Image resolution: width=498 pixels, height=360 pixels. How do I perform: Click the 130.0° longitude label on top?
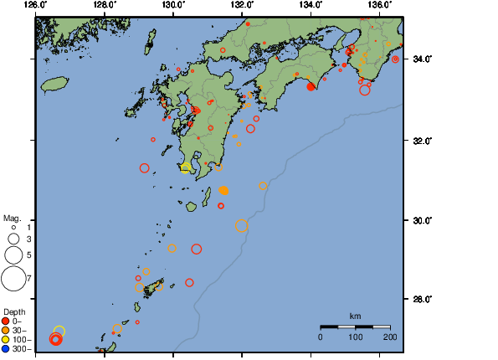tap(172, 5)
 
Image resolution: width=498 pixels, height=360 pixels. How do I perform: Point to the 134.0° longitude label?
tap(310, 5)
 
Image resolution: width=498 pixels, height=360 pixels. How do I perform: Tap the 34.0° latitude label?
tap(424, 59)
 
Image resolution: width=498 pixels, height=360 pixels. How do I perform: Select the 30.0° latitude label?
tap(424, 220)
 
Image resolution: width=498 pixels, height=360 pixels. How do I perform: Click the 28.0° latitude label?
tap(424, 299)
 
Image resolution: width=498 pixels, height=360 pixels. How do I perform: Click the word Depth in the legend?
tap(13, 311)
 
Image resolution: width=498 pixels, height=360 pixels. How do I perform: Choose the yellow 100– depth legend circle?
tap(6, 341)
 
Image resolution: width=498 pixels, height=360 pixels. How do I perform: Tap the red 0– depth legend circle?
tap(6, 321)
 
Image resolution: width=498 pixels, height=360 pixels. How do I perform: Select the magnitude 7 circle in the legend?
tap(13, 277)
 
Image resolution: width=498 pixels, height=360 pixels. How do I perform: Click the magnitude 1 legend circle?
tap(13, 227)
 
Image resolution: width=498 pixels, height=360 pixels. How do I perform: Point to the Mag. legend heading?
tap(12, 218)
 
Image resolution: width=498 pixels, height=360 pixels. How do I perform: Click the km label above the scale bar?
tap(355, 316)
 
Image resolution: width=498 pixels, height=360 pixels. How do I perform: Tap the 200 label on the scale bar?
tap(389, 337)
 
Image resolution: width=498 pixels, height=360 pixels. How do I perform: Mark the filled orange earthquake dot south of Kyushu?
tap(223, 191)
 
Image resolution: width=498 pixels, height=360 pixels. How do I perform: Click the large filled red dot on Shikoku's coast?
tap(311, 86)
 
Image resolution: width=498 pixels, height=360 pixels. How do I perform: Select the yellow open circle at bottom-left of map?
tap(59, 332)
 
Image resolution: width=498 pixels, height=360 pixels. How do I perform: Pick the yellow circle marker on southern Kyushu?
tap(186, 167)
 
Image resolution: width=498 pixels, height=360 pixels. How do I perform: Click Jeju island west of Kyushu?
tap(54, 84)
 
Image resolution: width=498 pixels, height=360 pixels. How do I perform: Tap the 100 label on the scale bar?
tap(355, 337)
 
